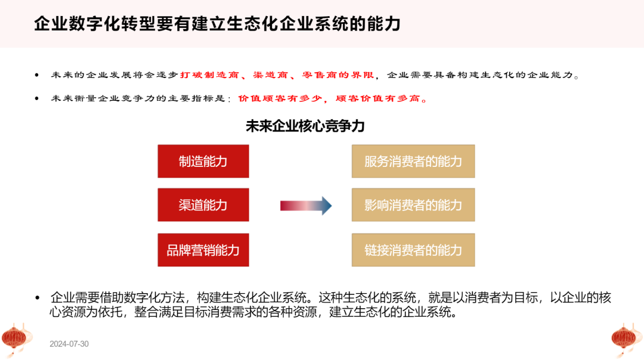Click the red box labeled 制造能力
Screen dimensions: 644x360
[x=203, y=162]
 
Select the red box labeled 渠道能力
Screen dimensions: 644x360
[x=203, y=205]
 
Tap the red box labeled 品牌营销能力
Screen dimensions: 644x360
[x=203, y=250]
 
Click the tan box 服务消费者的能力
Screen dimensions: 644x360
[x=413, y=162]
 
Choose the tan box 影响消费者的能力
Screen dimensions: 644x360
[x=413, y=205]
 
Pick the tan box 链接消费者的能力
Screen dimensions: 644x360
[x=413, y=250]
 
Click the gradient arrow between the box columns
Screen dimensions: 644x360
[x=305, y=206]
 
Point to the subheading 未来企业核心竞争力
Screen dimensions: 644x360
[x=305, y=126]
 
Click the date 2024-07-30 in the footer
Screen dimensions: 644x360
[x=69, y=344]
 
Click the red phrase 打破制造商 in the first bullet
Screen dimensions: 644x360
[x=209, y=75]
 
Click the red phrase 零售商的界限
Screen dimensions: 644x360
[x=338, y=75]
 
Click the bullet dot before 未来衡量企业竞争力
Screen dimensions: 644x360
[x=37, y=98]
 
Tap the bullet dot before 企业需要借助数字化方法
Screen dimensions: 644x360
[x=38, y=297]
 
